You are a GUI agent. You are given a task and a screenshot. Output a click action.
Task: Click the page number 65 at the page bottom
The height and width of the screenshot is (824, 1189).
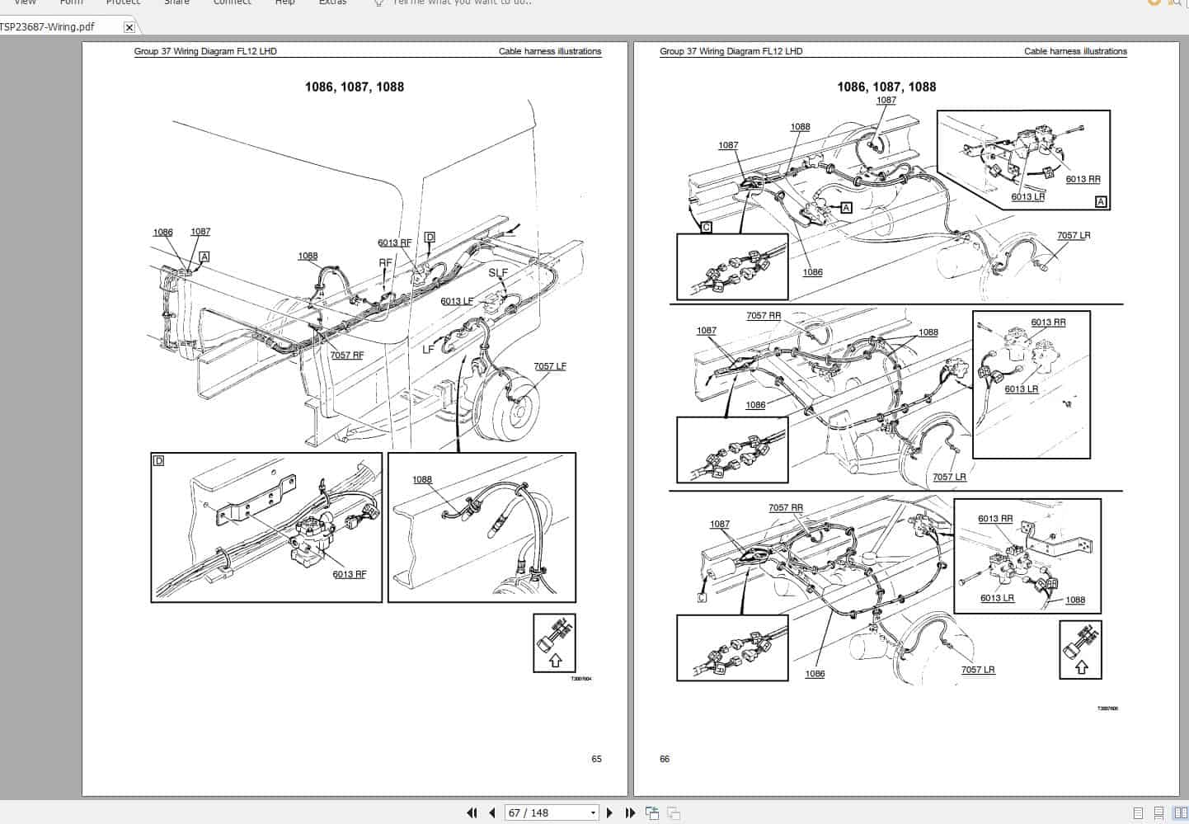596,759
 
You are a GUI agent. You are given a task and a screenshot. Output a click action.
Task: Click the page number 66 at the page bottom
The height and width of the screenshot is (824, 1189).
665,759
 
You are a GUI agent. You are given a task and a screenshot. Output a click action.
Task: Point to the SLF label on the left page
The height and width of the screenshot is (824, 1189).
498,273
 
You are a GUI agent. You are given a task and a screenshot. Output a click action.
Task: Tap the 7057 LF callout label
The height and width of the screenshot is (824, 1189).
549,366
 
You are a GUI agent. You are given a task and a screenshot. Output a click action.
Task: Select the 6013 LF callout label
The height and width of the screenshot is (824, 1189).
457,301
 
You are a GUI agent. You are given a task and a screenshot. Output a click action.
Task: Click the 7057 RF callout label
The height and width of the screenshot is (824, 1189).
346,355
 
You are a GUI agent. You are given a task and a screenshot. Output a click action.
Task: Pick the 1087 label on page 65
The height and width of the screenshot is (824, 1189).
200,232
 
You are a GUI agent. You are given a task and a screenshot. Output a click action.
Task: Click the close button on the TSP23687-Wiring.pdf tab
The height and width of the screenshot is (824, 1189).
129,27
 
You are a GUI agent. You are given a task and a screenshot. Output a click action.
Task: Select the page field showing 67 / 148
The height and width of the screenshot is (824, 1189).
551,812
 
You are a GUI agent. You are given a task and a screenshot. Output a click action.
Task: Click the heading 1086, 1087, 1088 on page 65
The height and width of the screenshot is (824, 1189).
355,87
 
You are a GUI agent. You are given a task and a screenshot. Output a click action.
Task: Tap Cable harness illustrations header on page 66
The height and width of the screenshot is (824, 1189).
1075,51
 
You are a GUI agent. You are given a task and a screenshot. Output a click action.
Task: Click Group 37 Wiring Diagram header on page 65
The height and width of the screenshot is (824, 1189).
205,51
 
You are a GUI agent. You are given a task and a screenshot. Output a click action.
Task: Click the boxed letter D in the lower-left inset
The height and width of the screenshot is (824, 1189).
159,461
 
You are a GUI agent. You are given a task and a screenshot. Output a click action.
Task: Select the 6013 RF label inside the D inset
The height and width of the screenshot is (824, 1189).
349,574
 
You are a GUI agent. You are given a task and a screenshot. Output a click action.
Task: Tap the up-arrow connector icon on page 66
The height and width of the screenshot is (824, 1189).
1080,649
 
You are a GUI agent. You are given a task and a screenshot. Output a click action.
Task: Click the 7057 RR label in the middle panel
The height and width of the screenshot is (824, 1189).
763,316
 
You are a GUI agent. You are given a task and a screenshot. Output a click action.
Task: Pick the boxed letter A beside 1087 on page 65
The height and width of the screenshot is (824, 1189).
204,257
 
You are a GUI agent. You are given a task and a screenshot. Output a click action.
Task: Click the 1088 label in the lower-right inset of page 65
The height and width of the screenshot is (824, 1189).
421,479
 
